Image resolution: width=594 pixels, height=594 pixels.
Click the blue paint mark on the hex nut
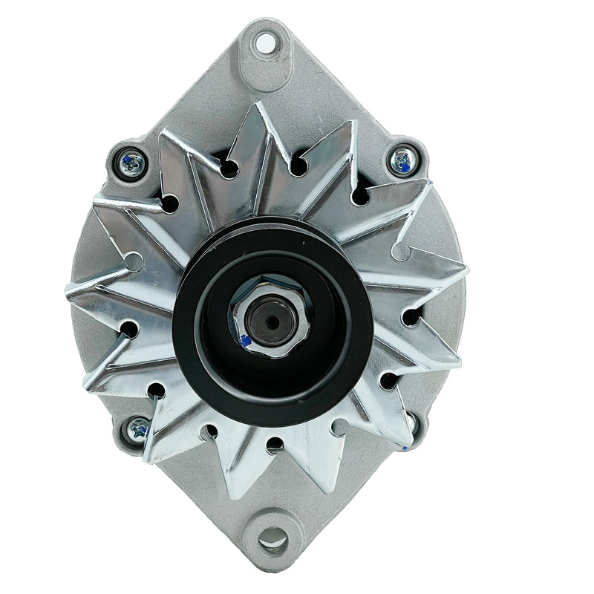tap(245, 340)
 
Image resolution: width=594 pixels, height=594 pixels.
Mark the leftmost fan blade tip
tap(68, 290)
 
